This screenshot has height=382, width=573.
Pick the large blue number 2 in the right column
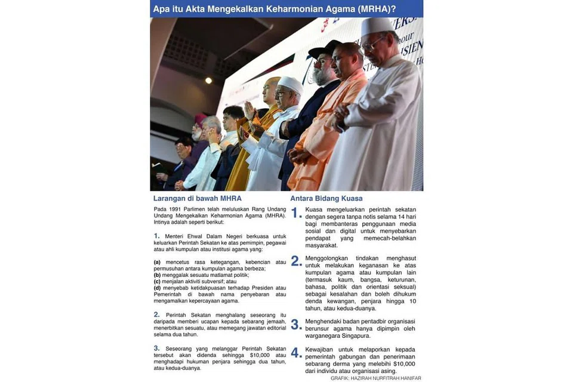click(296, 262)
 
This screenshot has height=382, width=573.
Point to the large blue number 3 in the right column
click(296, 325)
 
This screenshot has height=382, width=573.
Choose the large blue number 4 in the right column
click(296, 353)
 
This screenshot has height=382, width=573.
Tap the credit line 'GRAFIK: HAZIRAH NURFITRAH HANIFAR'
click(376, 378)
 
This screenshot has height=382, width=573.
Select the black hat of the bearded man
click(325, 48)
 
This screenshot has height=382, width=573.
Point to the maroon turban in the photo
click(201, 119)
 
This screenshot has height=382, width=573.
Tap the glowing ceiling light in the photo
click(208, 81)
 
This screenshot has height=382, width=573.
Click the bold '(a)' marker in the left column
click(157, 262)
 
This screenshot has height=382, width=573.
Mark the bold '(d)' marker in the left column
click(157, 288)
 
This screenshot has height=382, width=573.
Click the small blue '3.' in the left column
click(156, 347)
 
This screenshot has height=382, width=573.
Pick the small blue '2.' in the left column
click(156, 314)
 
